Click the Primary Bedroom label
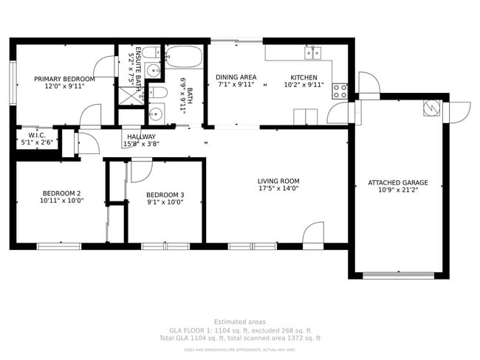point(64,79)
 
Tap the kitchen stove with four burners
point(340,91)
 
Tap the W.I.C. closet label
point(37,136)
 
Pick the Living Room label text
point(278,181)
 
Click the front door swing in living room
point(313,232)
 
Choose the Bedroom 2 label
point(61,193)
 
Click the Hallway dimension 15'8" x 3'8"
point(141,145)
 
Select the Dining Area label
point(236,77)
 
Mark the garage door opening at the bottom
point(398,276)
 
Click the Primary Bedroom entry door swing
point(90,117)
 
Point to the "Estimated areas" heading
point(239,322)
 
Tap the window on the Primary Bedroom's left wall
point(13,78)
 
